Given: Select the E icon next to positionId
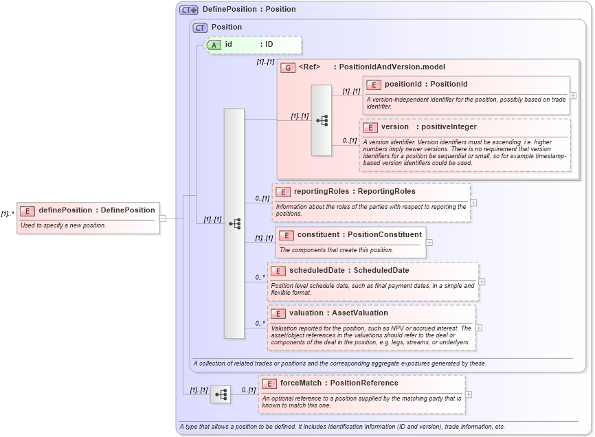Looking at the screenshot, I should click(x=374, y=85).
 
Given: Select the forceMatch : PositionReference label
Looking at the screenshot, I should click(x=339, y=383).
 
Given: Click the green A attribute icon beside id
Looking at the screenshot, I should click(x=214, y=45).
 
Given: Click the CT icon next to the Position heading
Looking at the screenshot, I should click(x=200, y=27).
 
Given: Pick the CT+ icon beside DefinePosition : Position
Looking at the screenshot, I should click(x=188, y=10).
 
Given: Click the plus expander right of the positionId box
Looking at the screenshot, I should click(x=573, y=96).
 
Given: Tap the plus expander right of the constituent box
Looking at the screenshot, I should click(x=429, y=242).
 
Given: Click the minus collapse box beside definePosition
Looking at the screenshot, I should click(x=163, y=218).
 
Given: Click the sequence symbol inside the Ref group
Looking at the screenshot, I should click(x=322, y=120).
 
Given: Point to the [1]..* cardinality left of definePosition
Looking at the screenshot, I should click(x=8, y=214).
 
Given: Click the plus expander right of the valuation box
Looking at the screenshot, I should click(x=479, y=328).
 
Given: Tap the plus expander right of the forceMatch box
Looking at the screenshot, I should click(x=469, y=394).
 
